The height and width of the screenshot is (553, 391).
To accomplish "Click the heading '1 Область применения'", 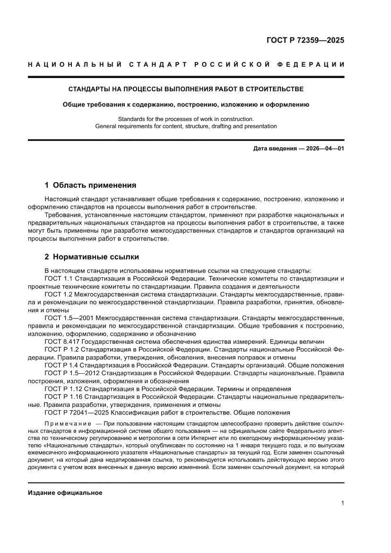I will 90,185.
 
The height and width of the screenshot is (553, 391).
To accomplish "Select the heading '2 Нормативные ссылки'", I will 91,257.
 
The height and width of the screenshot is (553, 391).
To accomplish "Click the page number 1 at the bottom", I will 342,503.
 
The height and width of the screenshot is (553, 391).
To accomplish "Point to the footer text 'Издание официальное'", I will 65,492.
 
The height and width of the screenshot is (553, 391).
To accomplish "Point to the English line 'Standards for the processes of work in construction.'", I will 186,119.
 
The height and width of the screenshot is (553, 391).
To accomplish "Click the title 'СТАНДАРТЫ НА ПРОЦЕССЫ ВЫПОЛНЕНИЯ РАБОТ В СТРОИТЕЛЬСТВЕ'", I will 186,89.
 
